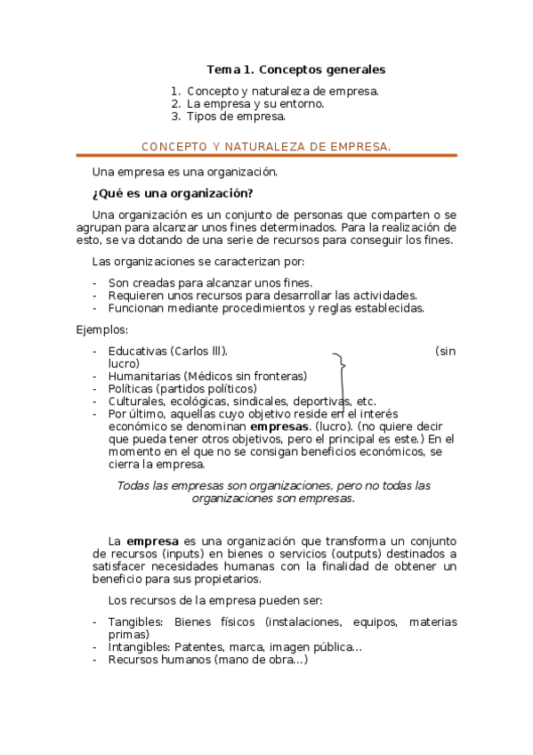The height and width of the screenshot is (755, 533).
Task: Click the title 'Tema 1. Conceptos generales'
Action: pos(295,69)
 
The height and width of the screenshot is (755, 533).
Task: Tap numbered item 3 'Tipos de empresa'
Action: pos(236,116)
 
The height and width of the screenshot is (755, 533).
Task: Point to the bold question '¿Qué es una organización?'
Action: pos(173,193)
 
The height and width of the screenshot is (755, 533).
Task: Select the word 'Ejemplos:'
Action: pos(102,330)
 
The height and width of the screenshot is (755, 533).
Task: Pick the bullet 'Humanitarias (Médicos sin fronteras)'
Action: pos(207,376)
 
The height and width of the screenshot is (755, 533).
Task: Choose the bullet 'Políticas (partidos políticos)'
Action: pos(182,388)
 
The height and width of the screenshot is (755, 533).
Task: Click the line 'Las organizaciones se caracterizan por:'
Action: pos(198,261)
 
